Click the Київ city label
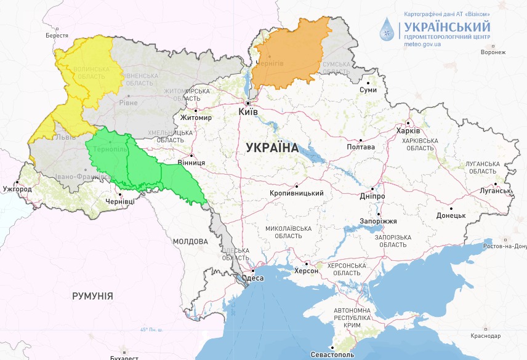(248, 113)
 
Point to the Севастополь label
(332, 355)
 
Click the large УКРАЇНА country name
(272, 148)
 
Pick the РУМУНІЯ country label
(92, 296)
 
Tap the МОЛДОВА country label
(190, 242)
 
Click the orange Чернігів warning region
(289, 52)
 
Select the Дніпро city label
(372, 196)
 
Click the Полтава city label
(361, 146)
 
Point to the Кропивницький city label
(297, 193)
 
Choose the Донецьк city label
(451, 215)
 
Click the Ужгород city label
(17, 189)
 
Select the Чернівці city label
(119, 201)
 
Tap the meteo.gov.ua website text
(422, 45)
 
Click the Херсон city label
(306, 271)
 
